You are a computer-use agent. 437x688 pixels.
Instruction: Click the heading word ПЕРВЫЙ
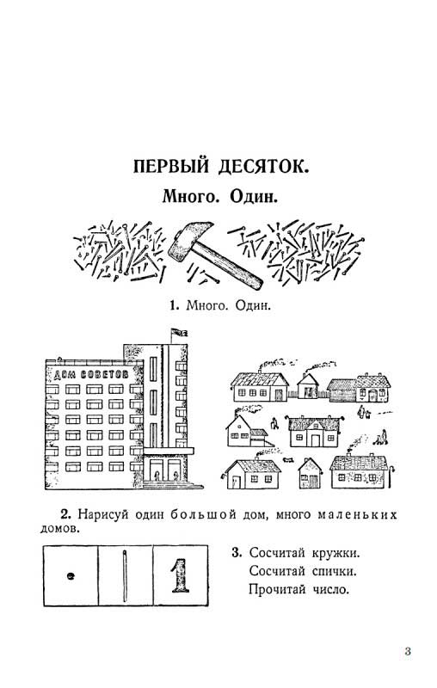(170, 167)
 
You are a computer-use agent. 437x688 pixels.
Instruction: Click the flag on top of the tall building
(179, 332)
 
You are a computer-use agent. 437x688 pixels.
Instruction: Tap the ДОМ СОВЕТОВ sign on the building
(91, 374)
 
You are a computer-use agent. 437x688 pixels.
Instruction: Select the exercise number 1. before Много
(175, 305)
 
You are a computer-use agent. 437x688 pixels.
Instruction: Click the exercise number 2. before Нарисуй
(66, 513)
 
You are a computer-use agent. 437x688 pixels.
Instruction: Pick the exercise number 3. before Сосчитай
(237, 552)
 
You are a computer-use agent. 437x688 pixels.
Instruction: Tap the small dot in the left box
(70, 576)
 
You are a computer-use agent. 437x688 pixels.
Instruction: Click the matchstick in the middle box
(125, 575)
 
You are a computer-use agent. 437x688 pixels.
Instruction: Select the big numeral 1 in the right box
(180, 575)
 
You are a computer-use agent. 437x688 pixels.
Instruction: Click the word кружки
(335, 553)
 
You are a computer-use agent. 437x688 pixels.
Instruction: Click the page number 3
(408, 651)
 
